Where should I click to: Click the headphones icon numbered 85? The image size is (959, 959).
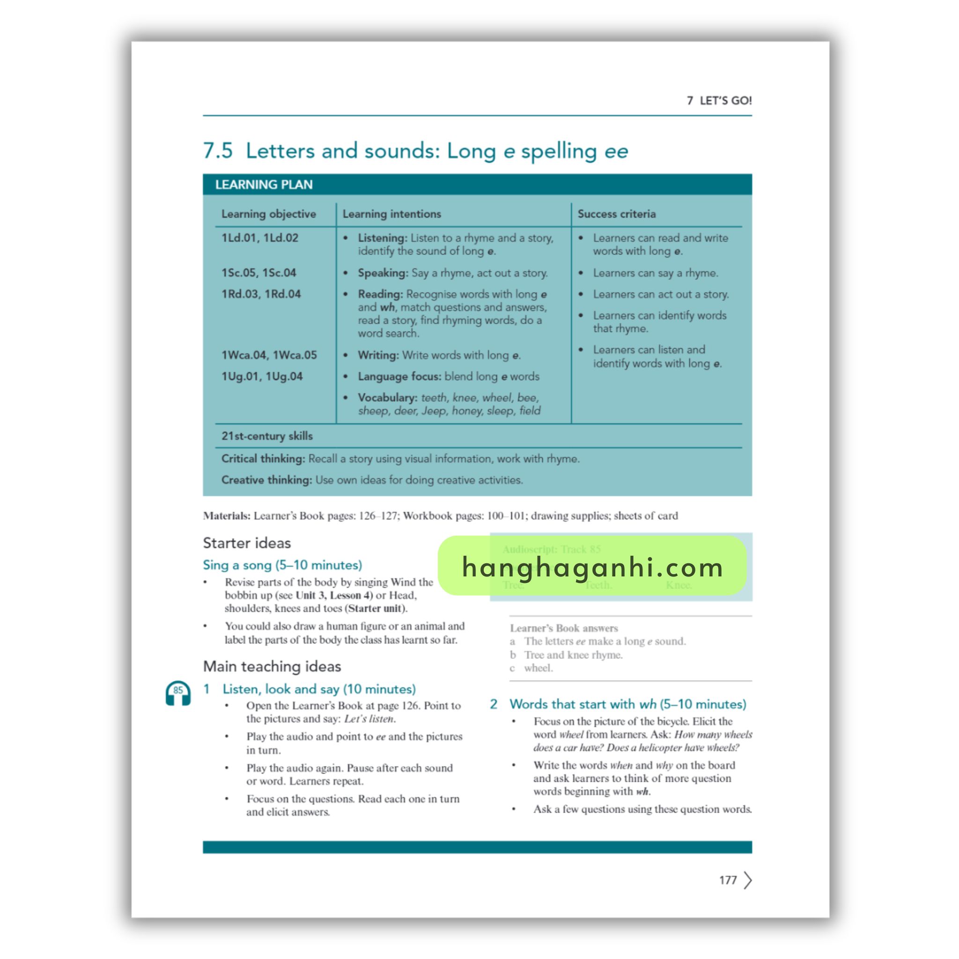pos(177,693)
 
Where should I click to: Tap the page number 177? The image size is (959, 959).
pos(728,880)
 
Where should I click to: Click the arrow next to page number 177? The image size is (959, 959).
pos(748,880)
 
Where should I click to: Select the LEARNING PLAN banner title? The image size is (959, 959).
pos(264,184)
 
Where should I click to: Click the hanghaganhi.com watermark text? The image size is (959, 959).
pos(592,567)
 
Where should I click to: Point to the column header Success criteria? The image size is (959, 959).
pos(617,214)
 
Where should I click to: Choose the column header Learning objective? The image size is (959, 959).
pos(268,214)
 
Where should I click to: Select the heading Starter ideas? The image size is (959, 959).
pos(247,543)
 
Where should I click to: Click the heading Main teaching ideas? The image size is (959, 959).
pos(272,666)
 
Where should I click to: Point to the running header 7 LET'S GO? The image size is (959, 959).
pos(719,101)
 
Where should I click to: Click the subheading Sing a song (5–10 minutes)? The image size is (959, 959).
pos(282,565)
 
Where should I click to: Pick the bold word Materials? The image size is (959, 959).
pos(226,516)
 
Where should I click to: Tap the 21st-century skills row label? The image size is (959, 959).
pos(267,436)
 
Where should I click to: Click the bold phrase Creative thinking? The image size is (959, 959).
pos(266,480)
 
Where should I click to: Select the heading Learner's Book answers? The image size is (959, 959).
pos(564,628)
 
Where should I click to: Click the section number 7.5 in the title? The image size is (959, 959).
pos(218,151)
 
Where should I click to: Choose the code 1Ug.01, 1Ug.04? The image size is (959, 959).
pos(262,376)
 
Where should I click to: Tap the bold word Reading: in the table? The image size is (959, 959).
pos(380,294)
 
